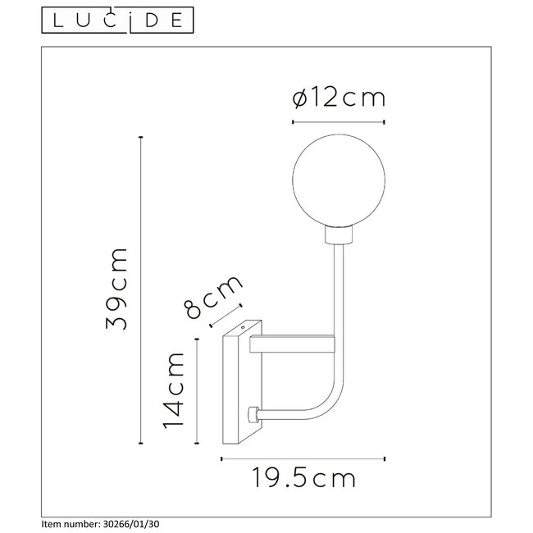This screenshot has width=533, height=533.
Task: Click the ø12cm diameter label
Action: [338, 98]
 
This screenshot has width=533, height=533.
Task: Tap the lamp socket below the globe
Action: [336, 235]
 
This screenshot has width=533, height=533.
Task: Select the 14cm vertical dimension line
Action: [198, 389]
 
